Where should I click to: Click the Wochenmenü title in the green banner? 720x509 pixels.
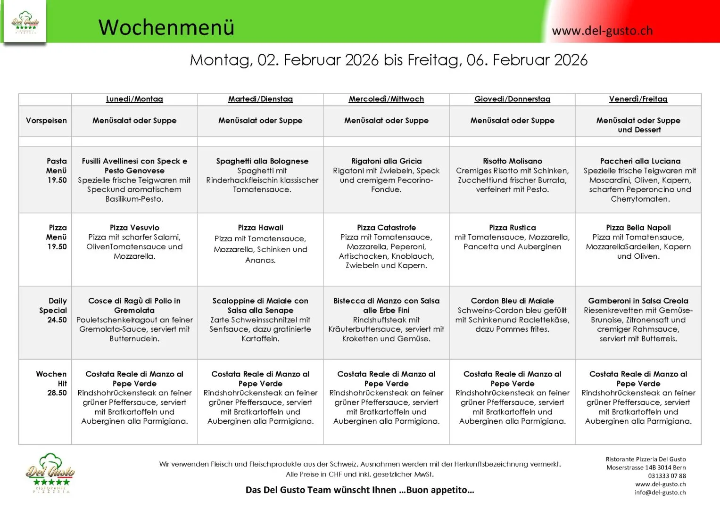[166, 27]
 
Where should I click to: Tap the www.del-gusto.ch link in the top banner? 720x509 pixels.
[602, 31]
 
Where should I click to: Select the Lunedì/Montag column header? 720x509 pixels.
[134, 99]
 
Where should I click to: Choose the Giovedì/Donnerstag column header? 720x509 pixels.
[512, 99]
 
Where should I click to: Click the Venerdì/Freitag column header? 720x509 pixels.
[638, 99]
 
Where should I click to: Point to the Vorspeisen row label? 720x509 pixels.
[46, 121]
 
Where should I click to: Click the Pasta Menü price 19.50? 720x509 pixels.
[57, 180]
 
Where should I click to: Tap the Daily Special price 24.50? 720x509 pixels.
[57, 320]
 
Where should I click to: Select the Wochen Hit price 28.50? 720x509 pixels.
[57, 393]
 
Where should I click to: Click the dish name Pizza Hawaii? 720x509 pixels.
[260, 228]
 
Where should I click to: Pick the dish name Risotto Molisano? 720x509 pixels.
[512, 161]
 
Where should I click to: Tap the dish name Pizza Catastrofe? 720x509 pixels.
[386, 228]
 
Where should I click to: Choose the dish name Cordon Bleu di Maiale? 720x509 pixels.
[512, 301]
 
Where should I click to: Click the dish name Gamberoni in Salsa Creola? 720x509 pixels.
[638, 301]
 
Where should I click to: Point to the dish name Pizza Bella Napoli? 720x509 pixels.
[638, 228]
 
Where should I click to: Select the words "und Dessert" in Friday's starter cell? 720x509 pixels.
[639, 130]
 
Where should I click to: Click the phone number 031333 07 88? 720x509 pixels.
[667, 476]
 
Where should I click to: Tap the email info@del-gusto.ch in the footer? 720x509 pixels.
[660, 493]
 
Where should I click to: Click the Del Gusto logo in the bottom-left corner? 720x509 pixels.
[50, 473]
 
